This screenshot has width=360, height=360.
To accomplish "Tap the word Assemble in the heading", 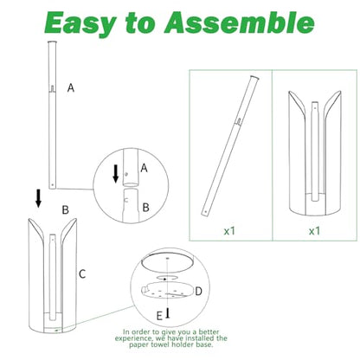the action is coord(239,22).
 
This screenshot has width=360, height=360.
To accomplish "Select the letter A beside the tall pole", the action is coord(71,87).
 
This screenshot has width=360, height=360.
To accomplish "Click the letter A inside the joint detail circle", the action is coord(144,168).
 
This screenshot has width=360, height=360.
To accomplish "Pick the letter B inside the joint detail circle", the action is coord(146,208).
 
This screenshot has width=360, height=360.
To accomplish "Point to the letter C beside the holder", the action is coord(82,273).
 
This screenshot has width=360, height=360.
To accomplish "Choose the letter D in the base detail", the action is coord(198,292).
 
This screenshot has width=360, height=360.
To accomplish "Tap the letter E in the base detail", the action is coord(159,316).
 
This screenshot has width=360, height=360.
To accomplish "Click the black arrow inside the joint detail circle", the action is coord(116,174).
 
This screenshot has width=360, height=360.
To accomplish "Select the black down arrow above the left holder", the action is coord(38,198).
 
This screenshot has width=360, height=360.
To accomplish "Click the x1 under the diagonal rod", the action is coord(229,231).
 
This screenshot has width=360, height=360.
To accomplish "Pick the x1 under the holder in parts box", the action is coord(314,231).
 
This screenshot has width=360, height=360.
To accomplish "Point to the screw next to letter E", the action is coord(167,313).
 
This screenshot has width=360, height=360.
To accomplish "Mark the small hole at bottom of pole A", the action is coord(52,184).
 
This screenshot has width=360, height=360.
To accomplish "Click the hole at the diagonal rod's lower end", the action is coord(206,211).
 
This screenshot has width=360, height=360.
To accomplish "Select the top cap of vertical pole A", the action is coord(52,42).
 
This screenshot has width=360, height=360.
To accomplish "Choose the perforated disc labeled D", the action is coord(167,291).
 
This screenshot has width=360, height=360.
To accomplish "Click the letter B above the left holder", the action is coord(66,209).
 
